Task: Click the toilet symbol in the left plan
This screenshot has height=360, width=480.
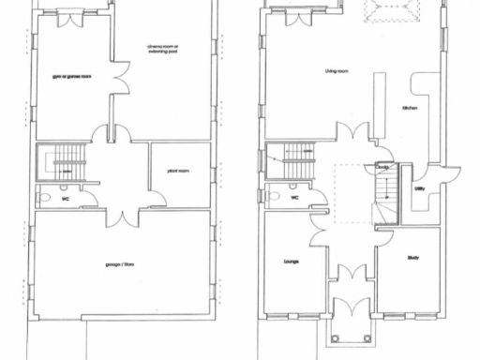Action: pos(43,198)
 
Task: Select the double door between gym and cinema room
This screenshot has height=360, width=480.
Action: pos(119,82)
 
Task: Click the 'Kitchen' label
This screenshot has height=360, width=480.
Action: pos(409,109)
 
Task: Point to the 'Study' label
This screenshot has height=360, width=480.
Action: pos(412,258)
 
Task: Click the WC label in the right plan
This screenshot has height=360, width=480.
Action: pos(294,198)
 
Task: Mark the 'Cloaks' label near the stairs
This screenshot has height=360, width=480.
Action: pos(382,169)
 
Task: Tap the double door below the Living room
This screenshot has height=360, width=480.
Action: pos(353,132)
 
